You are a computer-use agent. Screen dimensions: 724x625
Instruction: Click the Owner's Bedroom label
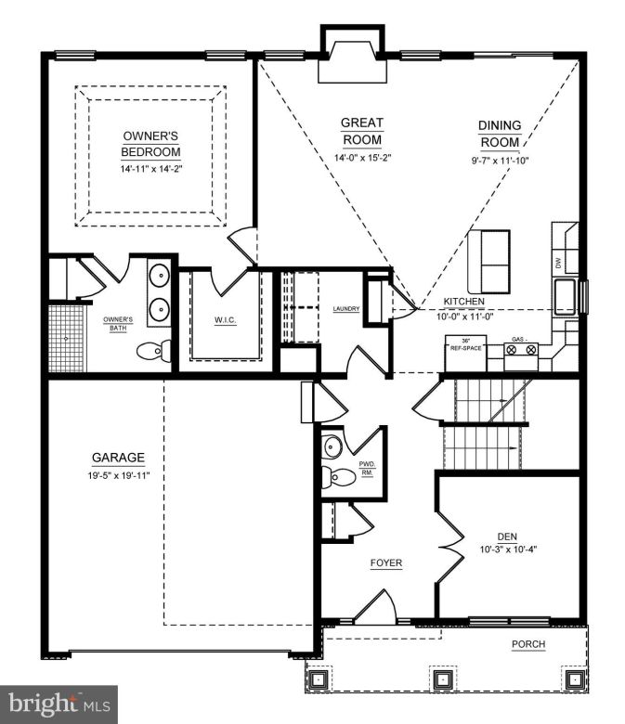tap(151, 145)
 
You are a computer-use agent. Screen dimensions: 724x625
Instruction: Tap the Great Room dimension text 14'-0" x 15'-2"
tap(362, 158)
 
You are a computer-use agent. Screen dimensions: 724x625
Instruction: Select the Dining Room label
tap(500, 135)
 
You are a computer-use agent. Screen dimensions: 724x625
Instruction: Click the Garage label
tap(118, 458)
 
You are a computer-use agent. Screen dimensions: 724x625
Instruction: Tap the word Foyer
tap(386, 563)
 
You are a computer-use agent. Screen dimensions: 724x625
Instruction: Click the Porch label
tap(528, 644)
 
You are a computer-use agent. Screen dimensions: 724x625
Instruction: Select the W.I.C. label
tap(227, 321)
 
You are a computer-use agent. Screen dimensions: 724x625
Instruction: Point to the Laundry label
tap(345, 308)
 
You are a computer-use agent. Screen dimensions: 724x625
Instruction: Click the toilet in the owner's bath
tap(154, 351)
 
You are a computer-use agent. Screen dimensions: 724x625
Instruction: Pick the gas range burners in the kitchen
tap(521, 350)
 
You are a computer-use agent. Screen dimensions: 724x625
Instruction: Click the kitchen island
tap(488, 261)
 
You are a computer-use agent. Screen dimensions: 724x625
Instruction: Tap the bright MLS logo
tap(59, 705)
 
